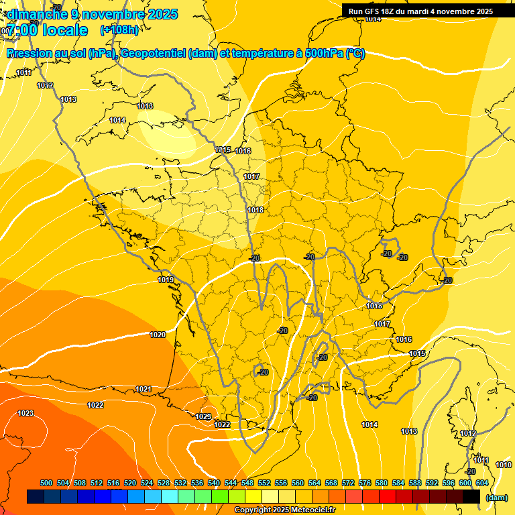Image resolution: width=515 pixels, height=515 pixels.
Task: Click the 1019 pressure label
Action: [166, 280]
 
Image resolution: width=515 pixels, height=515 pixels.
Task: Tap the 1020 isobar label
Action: [158, 335]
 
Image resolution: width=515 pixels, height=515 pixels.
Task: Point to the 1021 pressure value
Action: [143, 389]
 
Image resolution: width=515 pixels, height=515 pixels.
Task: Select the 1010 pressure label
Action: [503, 465]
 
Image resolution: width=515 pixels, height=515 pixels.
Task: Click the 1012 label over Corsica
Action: [468, 433]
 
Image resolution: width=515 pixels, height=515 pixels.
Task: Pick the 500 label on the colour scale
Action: [46, 483]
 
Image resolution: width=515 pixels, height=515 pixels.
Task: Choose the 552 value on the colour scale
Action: [265, 483]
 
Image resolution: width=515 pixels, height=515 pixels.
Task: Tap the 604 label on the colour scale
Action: [482, 483]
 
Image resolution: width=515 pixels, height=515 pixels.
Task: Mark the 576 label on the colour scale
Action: [365, 483]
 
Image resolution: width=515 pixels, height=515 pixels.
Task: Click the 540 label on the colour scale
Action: [214, 483]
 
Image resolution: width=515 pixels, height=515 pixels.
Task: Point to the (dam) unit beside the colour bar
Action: [496, 498]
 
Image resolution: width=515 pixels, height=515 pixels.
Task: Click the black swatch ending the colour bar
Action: [471, 497]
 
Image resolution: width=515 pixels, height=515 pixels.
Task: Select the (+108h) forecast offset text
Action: [119, 30]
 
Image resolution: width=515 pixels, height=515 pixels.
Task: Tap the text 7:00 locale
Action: [47, 30]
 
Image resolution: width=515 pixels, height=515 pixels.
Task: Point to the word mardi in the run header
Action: [420, 11]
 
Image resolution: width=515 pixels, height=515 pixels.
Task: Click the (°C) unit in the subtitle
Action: [355, 54]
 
